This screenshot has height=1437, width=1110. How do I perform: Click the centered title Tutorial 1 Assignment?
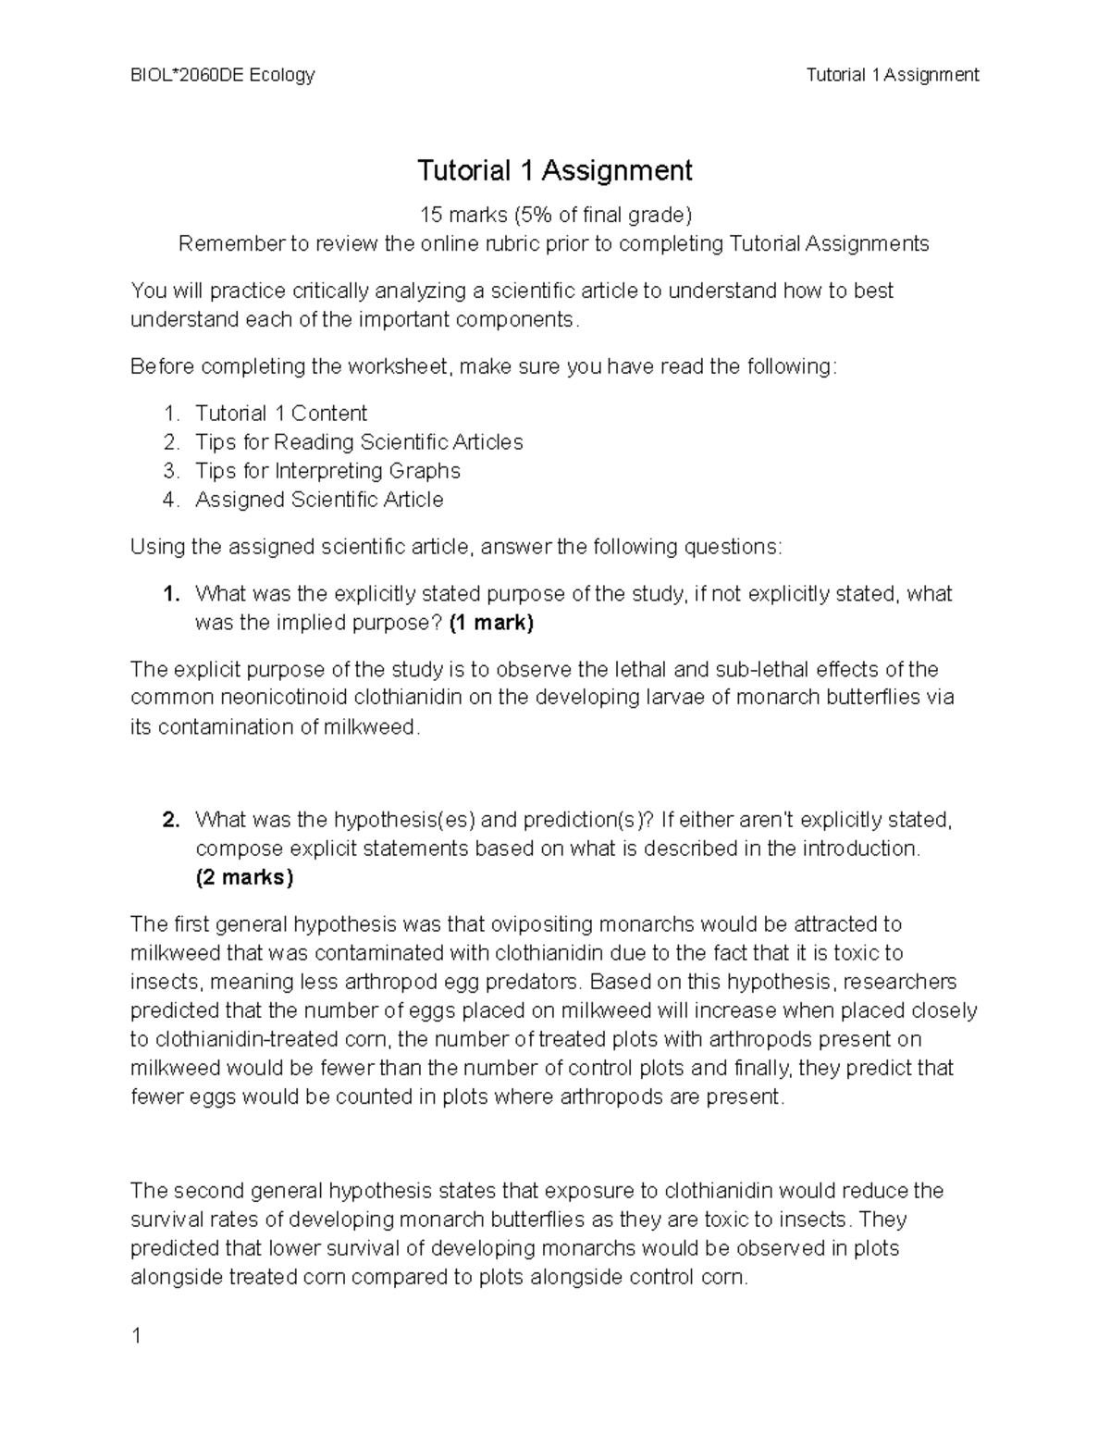coord(554,171)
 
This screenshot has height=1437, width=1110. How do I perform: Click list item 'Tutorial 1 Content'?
coord(280,414)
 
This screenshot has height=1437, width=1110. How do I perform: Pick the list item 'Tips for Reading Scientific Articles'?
coord(359,442)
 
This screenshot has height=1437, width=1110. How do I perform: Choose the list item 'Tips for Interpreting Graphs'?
coord(327,471)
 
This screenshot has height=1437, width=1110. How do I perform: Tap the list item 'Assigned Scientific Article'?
coord(319,500)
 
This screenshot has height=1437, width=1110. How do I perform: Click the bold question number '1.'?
coord(170,594)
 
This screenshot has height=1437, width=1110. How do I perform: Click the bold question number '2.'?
coord(170,820)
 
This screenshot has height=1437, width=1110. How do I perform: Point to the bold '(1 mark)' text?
coord(491,623)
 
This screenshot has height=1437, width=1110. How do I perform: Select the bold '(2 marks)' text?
coord(244,877)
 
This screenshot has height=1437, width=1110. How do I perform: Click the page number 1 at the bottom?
coord(136,1336)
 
